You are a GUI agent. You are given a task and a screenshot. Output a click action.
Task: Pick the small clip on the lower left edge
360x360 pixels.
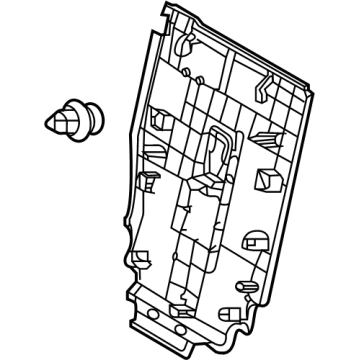144,182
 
